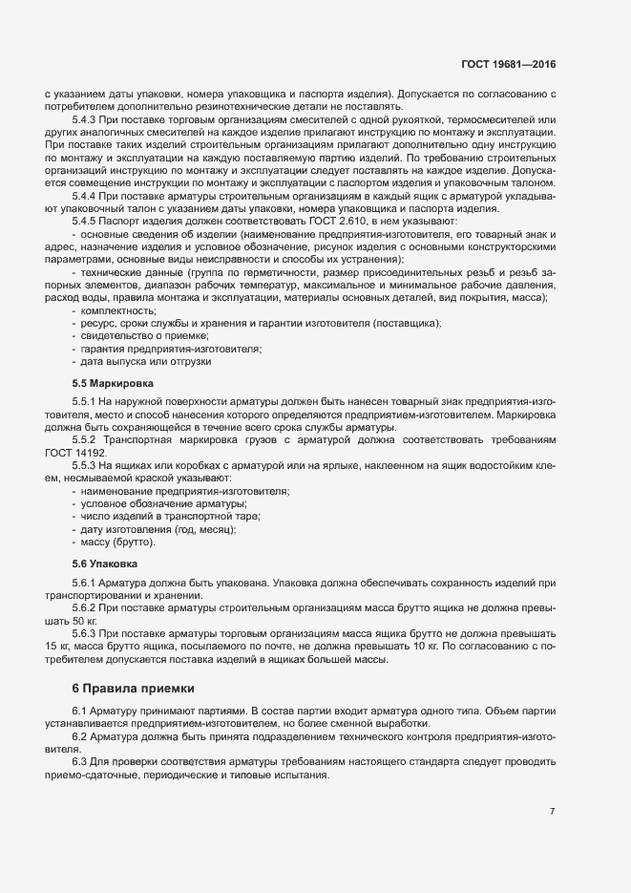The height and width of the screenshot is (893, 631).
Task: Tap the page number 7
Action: point(552,812)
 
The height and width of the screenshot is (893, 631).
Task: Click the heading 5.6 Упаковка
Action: point(98,563)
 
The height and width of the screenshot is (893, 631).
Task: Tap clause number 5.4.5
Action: point(85,220)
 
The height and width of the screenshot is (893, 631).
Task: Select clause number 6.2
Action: point(80,738)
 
